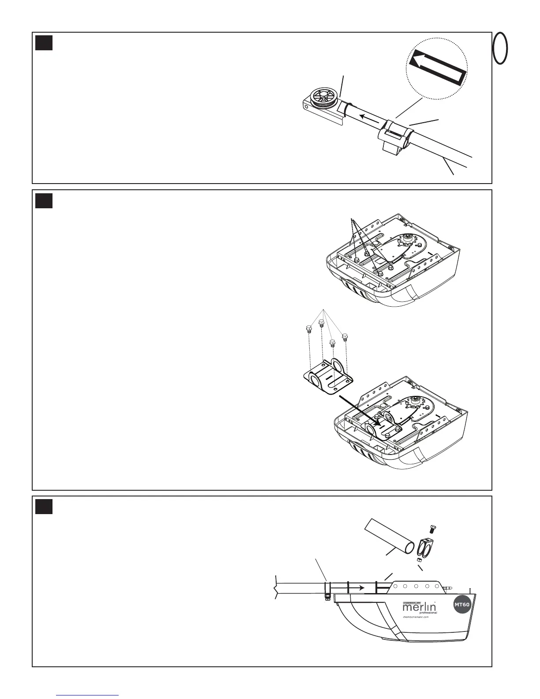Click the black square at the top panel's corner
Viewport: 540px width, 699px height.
click(x=44, y=42)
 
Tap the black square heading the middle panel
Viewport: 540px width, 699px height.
click(x=44, y=200)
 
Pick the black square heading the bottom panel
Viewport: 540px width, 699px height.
click(x=44, y=507)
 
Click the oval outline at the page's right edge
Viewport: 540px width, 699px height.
click(x=500, y=48)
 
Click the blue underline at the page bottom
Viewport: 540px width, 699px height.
click(x=88, y=695)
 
